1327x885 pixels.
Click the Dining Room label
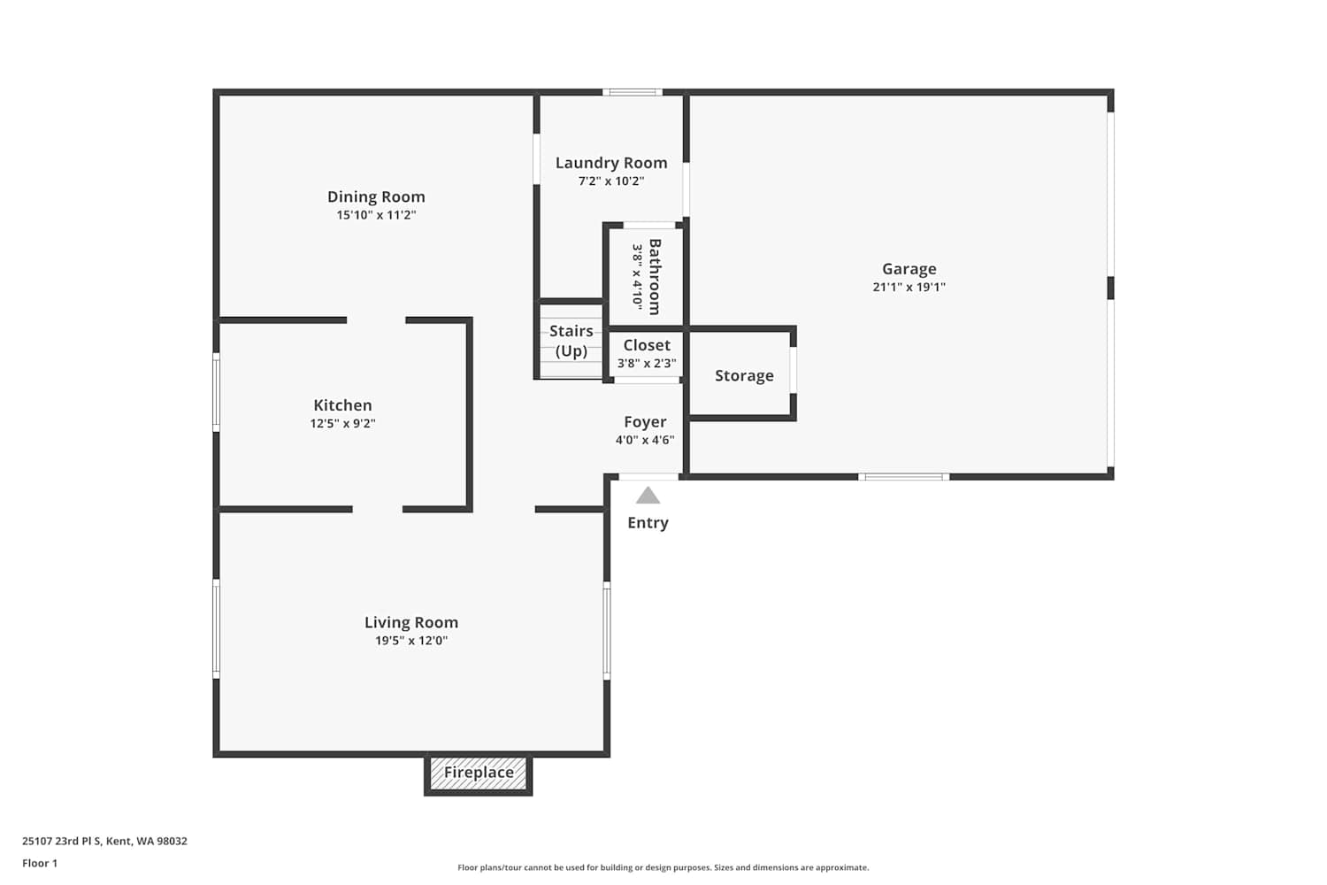click(x=376, y=196)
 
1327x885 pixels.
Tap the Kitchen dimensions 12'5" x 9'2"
click(x=343, y=423)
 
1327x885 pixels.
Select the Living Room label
click(x=411, y=622)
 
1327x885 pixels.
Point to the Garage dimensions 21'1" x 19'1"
click(x=909, y=287)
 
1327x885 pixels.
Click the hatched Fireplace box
click(x=478, y=773)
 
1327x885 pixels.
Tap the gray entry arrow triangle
click(x=648, y=495)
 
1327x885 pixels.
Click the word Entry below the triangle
click(x=648, y=523)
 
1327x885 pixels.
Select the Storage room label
click(x=744, y=376)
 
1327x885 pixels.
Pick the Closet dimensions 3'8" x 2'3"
click(x=647, y=364)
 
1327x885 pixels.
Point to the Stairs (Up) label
click(x=571, y=341)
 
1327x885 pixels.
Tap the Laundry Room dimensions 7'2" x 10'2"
click(x=611, y=181)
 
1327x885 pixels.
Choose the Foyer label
click(x=645, y=422)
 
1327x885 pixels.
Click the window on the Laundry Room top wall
click(x=633, y=92)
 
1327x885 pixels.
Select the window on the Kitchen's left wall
click(x=216, y=392)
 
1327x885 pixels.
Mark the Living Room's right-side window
click(x=607, y=630)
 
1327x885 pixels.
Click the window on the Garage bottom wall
click(x=903, y=477)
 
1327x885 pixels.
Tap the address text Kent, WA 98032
click(x=147, y=841)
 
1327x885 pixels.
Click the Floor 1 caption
click(x=41, y=863)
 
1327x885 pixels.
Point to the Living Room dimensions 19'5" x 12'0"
click(x=411, y=640)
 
